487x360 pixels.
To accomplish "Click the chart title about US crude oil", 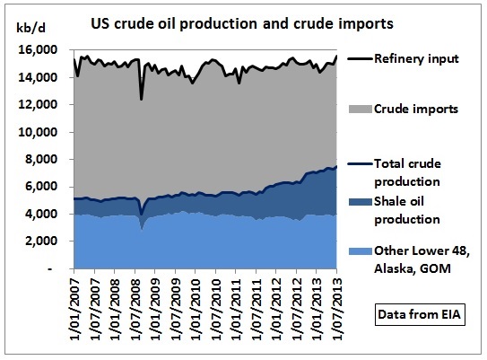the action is click(x=242, y=24).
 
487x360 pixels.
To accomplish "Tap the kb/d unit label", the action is click(x=30, y=28).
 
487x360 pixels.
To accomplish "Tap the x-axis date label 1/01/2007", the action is click(x=74, y=310).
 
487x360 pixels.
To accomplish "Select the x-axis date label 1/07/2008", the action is click(x=135, y=310).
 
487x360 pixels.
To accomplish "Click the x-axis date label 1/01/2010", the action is click(x=196, y=310).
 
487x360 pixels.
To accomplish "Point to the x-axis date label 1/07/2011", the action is click(x=257, y=310).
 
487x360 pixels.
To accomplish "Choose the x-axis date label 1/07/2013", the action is click(x=337, y=310).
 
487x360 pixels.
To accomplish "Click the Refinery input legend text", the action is click(x=416, y=58).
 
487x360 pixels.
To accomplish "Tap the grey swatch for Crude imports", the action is click(x=361, y=110).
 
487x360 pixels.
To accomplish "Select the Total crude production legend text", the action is click(x=407, y=172).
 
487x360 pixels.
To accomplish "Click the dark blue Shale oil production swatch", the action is click(x=361, y=202).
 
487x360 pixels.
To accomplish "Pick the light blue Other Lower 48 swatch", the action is click(x=361, y=251).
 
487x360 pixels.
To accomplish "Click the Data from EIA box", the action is click(x=420, y=314).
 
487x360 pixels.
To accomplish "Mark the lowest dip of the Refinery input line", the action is click(x=142, y=99).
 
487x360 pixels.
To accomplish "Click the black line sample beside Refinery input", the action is click(x=361, y=58).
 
